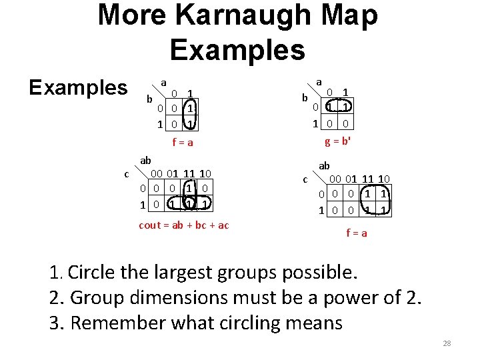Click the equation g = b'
(x=338, y=141)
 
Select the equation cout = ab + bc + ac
(x=183, y=225)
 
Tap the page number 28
(x=447, y=343)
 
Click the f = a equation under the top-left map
(x=183, y=142)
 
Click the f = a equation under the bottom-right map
(x=356, y=233)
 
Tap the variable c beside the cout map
(x=126, y=174)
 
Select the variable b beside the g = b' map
(x=305, y=98)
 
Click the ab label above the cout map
(x=145, y=160)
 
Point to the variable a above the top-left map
(x=163, y=82)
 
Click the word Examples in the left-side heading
(x=77, y=87)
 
